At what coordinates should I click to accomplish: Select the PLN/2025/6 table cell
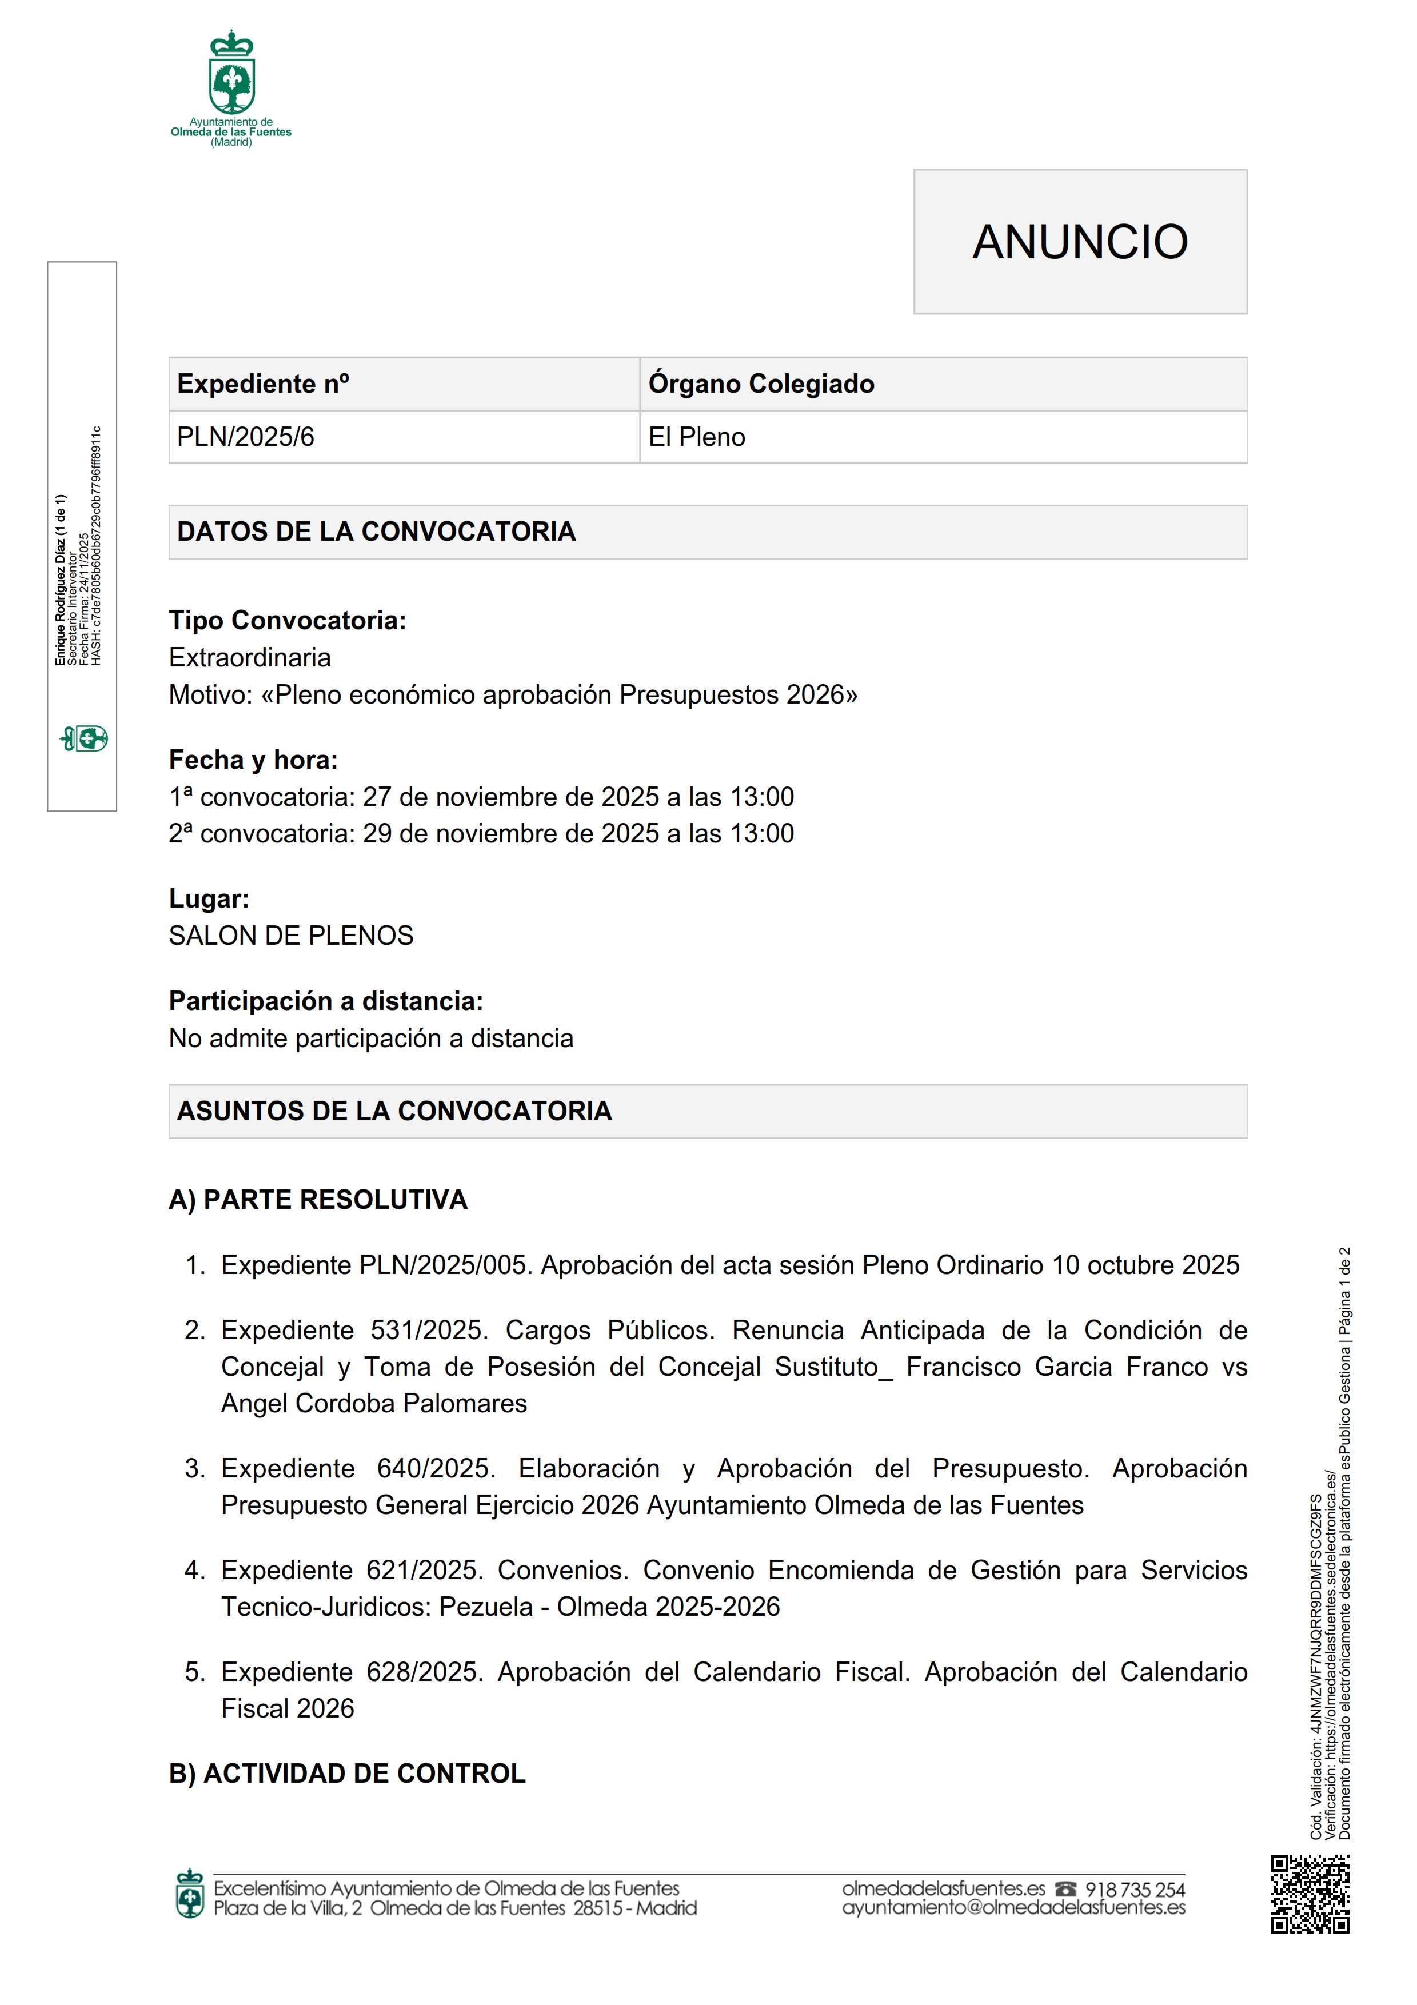point(245,437)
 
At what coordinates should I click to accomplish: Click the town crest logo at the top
point(231,79)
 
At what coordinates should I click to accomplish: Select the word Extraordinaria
point(250,657)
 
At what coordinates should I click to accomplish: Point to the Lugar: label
point(209,898)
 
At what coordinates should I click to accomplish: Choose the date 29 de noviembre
point(450,833)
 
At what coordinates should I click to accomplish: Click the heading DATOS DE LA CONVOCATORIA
point(376,531)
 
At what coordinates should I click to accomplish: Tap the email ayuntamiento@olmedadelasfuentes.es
point(1013,1908)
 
